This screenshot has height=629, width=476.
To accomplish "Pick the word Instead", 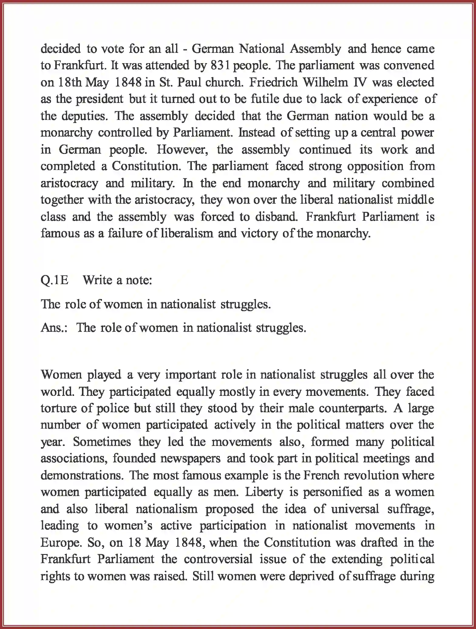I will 256,133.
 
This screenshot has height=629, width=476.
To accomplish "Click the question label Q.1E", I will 55,280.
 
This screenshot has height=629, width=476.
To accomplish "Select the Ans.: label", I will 54,328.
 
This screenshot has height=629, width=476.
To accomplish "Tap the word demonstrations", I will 82,475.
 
